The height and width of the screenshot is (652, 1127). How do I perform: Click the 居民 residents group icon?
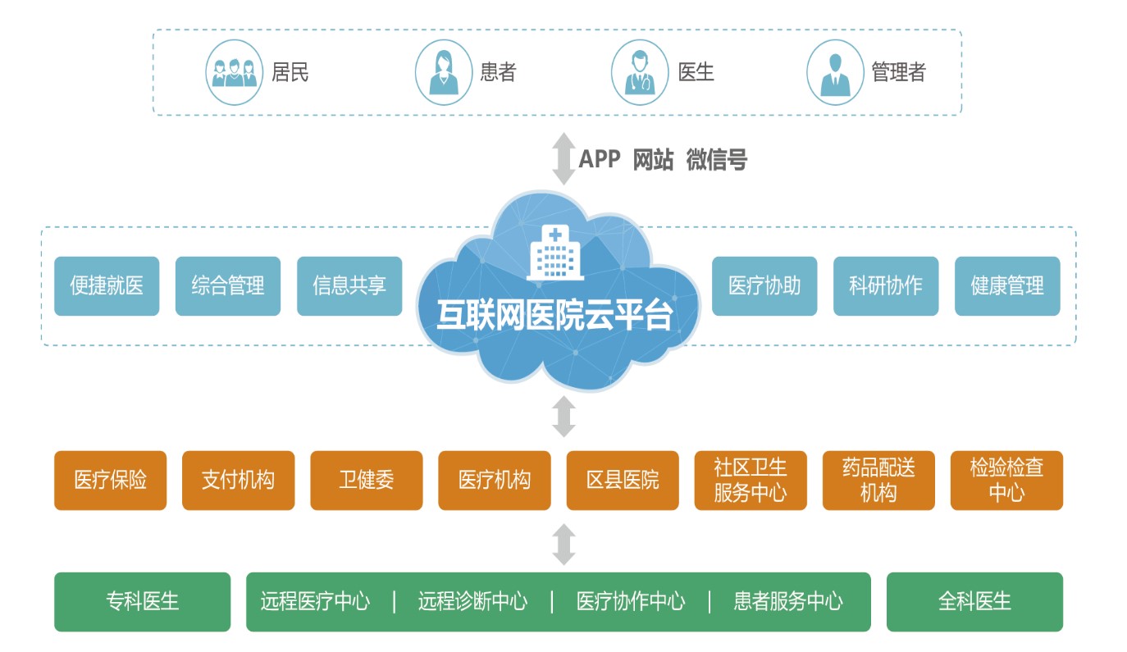coord(234,73)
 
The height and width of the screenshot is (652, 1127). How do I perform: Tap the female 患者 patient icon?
coord(444,73)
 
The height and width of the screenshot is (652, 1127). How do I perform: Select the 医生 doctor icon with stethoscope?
coord(640,73)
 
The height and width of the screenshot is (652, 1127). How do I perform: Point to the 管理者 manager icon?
coord(835,73)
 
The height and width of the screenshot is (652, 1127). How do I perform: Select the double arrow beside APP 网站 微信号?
coord(563,158)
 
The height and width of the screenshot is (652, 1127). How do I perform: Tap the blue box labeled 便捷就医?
coord(107,286)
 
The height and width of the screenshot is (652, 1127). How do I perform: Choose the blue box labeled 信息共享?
coord(349,286)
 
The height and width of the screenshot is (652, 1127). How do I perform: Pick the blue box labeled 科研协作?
coord(886,286)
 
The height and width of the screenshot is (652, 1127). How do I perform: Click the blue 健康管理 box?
coord(1007,286)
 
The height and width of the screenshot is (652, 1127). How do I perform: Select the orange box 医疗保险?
coord(110,481)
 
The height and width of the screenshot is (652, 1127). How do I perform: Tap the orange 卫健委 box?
coord(367,481)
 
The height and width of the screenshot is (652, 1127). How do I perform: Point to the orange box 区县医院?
coord(623,481)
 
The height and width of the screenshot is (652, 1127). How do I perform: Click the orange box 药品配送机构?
coord(878,481)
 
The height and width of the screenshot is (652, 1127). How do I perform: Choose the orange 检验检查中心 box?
coord(1006,481)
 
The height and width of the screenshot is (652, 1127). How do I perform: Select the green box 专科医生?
coord(142,602)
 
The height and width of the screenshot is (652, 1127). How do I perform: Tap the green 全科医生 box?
coord(974,602)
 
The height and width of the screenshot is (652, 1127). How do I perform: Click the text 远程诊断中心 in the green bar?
coord(472,602)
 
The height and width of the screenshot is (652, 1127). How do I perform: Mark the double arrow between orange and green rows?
coord(563,544)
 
